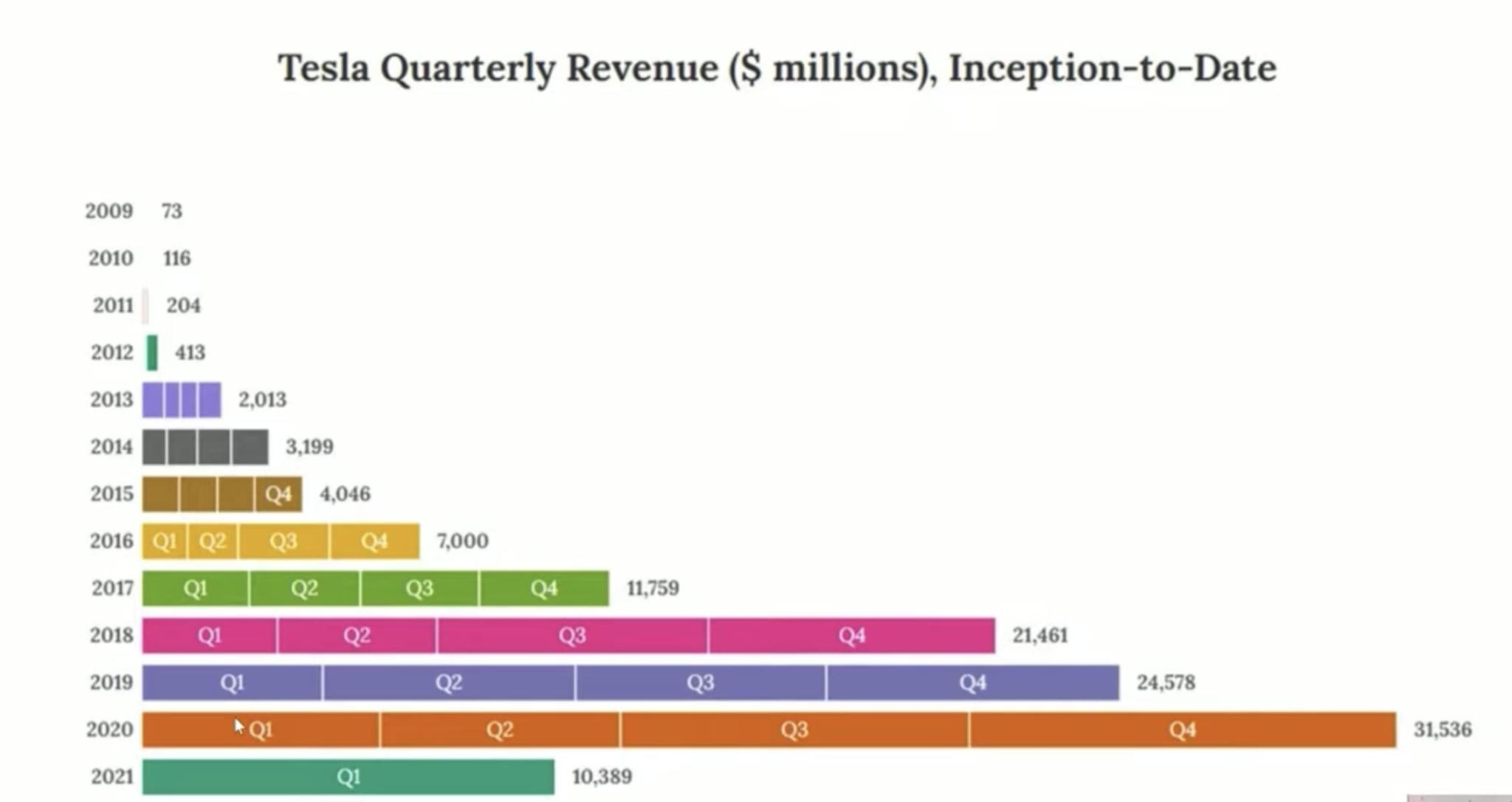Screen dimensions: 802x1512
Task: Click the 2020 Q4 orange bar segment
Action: (1182, 730)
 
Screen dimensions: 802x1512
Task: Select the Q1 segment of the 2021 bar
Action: (348, 777)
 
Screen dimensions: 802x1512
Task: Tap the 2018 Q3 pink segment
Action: (572, 636)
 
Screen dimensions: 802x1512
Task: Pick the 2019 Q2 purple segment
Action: (448, 682)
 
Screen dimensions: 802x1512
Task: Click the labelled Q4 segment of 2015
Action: (278, 494)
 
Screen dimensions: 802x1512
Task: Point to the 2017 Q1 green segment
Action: (196, 589)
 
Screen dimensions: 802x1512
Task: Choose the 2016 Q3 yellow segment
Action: (283, 541)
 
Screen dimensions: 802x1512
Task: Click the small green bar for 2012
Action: (152, 352)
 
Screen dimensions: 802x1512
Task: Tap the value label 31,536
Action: (1442, 730)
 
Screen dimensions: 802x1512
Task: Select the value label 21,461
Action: (1039, 636)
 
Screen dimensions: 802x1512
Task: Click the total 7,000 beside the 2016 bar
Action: (462, 541)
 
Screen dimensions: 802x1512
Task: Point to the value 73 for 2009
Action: (171, 211)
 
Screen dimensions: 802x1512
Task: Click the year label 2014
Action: (111, 447)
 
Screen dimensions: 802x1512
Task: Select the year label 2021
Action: (111, 777)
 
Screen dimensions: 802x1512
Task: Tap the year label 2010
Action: (111, 258)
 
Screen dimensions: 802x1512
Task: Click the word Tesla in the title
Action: (323, 68)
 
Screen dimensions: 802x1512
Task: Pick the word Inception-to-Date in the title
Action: (1112, 68)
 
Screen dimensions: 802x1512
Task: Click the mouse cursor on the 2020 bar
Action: (238, 727)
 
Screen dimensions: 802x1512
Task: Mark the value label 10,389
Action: (602, 777)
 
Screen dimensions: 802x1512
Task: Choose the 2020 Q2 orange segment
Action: (500, 730)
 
